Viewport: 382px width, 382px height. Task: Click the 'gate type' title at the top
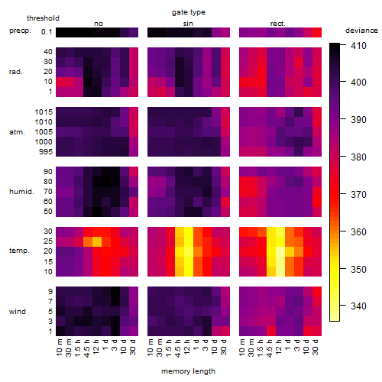189,12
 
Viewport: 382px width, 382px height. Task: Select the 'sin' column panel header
188,24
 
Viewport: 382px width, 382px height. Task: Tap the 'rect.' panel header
277,24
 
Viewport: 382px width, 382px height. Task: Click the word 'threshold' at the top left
43,18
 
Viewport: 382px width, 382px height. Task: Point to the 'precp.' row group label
20,31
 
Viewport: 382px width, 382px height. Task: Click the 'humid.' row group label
21,191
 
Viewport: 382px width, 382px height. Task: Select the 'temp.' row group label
19,251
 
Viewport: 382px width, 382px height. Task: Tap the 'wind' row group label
18,312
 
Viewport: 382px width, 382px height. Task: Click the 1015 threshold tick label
44,112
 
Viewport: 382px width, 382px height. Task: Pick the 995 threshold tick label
46,152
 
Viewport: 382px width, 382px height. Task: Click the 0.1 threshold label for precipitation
47,32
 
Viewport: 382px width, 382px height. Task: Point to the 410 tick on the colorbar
358,46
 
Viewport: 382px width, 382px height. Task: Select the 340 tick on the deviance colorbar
358,306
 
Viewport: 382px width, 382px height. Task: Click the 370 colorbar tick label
358,195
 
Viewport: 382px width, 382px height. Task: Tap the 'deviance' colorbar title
361,31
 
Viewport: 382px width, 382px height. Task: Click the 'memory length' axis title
188,371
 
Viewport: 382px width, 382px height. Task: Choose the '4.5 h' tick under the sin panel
178,348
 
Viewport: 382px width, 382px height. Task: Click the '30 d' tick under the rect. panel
316,348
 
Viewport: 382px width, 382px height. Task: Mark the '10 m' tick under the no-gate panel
59,348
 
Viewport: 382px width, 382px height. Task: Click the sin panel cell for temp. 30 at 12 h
189,231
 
